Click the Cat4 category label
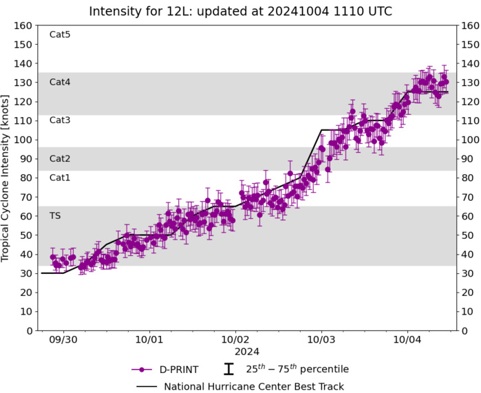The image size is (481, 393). tap(60, 82)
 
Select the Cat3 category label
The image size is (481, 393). tap(60, 120)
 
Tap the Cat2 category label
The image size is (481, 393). tap(60, 158)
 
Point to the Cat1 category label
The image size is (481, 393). tap(60, 178)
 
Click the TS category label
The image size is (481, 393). tap(55, 215)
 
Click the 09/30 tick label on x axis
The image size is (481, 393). tap(63, 339)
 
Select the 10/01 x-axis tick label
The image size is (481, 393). tap(149, 339)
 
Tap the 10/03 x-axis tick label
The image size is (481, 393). tap(321, 339)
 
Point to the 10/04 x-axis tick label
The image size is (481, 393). tap(407, 339)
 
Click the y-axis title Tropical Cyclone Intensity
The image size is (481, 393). tap(7, 178)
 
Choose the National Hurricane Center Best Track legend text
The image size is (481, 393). tap(254, 386)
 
